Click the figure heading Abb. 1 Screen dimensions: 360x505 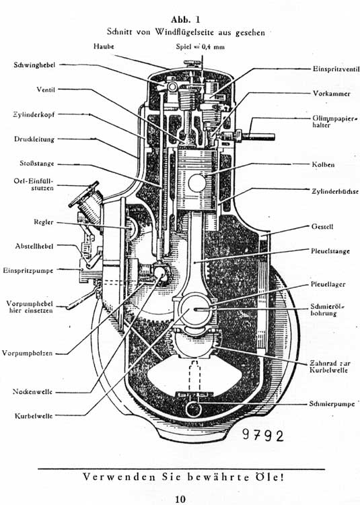[x=185, y=20]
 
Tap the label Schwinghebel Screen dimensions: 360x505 [x=34, y=65]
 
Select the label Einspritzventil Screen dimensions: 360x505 [x=336, y=69]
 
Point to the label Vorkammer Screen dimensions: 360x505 [x=331, y=94]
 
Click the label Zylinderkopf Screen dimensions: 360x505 [x=34, y=114]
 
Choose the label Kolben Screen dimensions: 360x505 [x=323, y=164]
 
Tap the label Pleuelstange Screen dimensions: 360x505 [x=330, y=251]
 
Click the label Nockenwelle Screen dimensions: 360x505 [x=32, y=392]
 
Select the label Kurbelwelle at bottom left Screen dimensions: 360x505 [x=34, y=416]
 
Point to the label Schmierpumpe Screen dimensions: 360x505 [x=332, y=403]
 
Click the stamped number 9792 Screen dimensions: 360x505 [x=263, y=436]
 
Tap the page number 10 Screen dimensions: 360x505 [x=180, y=499]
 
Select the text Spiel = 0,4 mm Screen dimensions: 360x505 [x=201, y=46]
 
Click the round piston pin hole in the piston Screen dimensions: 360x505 [x=197, y=183]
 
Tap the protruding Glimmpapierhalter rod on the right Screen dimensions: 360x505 [x=258, y=137]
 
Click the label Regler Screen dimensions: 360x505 [x=44, y=222]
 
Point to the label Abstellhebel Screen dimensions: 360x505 [x=34, y=246]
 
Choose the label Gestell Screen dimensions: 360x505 [x=322, y=226]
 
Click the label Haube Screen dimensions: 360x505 [x=104, y=46]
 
